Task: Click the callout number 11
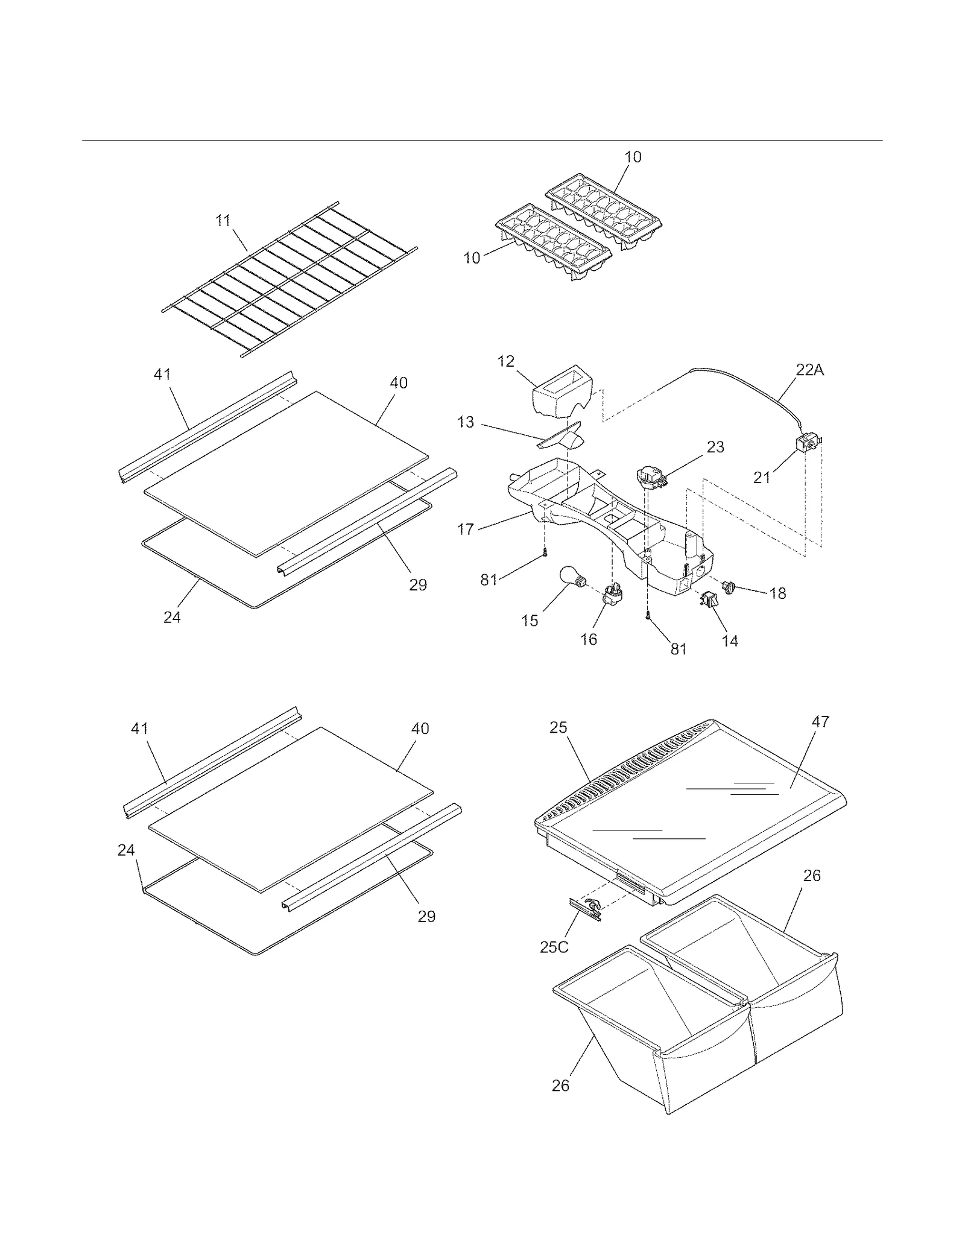coord(223,221)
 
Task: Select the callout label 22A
coord(809,370)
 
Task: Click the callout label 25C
coord(554,947)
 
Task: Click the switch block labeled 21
coord(806,444)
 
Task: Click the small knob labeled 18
coord(730,585)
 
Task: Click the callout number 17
coord(466,530)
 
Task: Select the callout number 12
coord(505,361)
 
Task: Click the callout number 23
coord(715,447)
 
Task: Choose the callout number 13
coord(466,422)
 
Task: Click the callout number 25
coord(558,727)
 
